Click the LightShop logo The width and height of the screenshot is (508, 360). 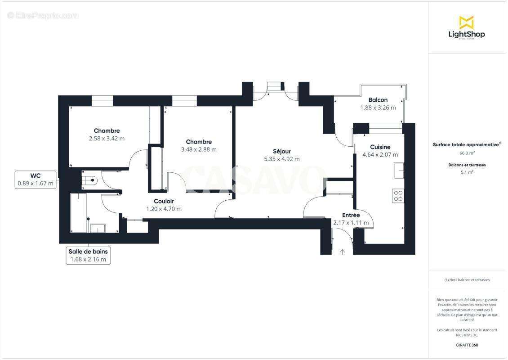[x=466, y=28]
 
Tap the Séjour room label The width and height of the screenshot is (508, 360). [x=281, y=151]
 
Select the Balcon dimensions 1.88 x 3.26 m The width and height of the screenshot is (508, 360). [x=378, y=108]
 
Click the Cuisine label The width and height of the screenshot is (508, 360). [x=380, y=147]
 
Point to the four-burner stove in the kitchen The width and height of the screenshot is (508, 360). [x=398, y=196]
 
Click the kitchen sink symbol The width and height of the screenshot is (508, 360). [x=398, y=171]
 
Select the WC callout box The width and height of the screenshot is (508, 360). [x=36, y=179]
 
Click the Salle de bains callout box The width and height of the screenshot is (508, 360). [x=88, y=255]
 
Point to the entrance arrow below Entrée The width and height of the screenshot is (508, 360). [x=342, y=252]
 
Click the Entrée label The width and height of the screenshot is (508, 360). [x=351, y=215]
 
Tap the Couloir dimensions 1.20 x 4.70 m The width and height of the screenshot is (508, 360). [x=164, y=209]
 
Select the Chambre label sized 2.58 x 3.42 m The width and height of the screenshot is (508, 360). [x=107, y=131]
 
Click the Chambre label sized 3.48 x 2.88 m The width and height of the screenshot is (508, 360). [x=198, y=142]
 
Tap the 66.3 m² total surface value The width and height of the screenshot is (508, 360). [x=466, y=153]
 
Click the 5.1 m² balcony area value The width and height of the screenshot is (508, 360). [x=466, y=172]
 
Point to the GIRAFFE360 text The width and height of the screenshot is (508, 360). [x=467, y=345]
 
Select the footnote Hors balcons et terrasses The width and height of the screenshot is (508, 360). [x=467, y=280]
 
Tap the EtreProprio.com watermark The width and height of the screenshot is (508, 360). [x=43, y=16]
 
